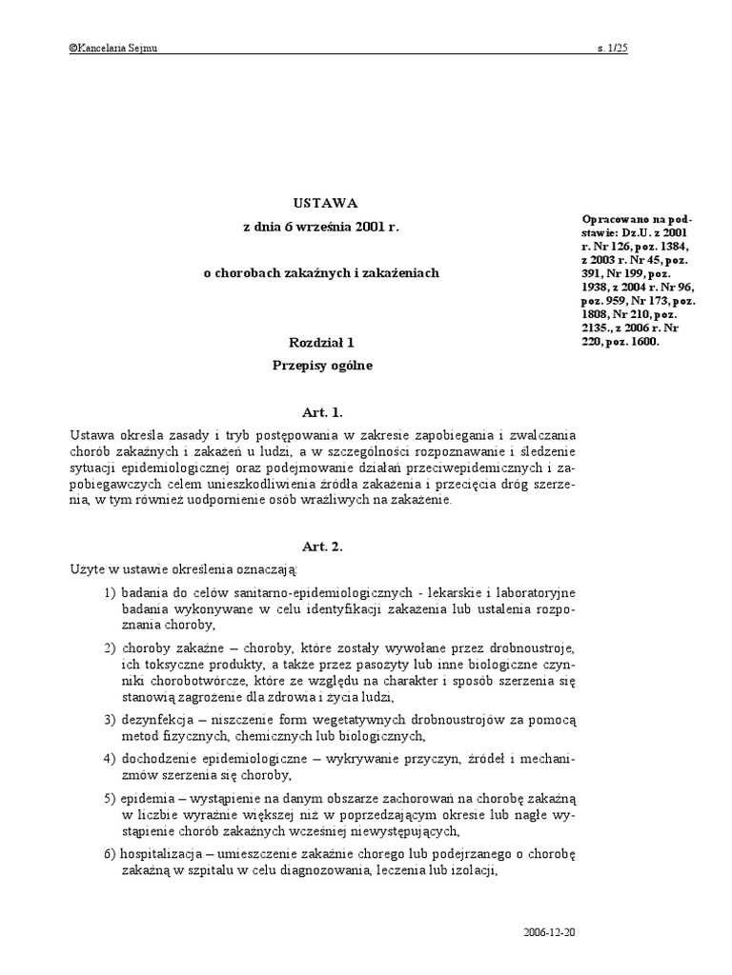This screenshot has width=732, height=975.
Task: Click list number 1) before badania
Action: [x=110, y=593]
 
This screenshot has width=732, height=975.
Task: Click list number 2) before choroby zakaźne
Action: [x=110, y=647]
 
